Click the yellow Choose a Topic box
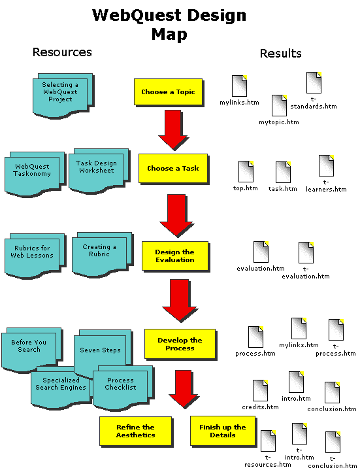168,92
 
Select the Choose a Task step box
172,169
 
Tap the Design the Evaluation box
174,256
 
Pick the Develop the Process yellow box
180,344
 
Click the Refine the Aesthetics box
135,431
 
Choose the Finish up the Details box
222,431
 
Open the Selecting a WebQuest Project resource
59,93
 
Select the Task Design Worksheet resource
96,168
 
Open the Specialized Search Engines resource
60,385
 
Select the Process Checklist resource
120,385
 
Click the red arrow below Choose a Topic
172,129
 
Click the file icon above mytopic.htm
279,106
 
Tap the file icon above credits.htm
260,391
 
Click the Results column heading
281,54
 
